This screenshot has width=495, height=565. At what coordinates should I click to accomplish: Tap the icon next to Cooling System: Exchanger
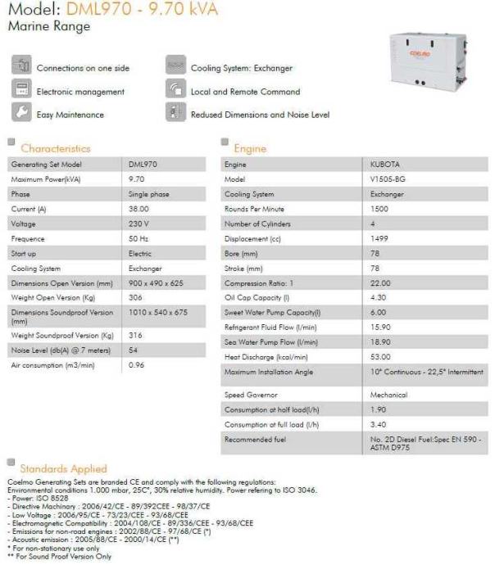coord(175,67)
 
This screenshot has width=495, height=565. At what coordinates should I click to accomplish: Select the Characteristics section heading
coord(56,149)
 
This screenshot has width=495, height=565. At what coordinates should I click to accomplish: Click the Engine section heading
coord(250,149)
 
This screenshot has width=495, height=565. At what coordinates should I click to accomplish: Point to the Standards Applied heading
coord(63,469)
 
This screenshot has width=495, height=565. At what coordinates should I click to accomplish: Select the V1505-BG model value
coord(385,179)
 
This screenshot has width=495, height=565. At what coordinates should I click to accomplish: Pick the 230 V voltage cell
coord(139,224)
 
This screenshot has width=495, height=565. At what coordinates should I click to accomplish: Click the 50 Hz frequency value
coord(138,238)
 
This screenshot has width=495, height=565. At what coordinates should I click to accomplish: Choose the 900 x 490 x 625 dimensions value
coord(156,282)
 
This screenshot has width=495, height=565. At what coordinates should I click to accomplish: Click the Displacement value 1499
coord(379,238)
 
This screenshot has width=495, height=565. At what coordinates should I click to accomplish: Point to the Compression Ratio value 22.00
coord(379,282)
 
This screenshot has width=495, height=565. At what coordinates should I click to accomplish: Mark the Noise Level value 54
coord(134,350)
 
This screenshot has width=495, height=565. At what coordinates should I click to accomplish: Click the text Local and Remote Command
coord(245,92)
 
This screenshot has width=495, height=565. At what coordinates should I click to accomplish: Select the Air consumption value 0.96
coord(137,364)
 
